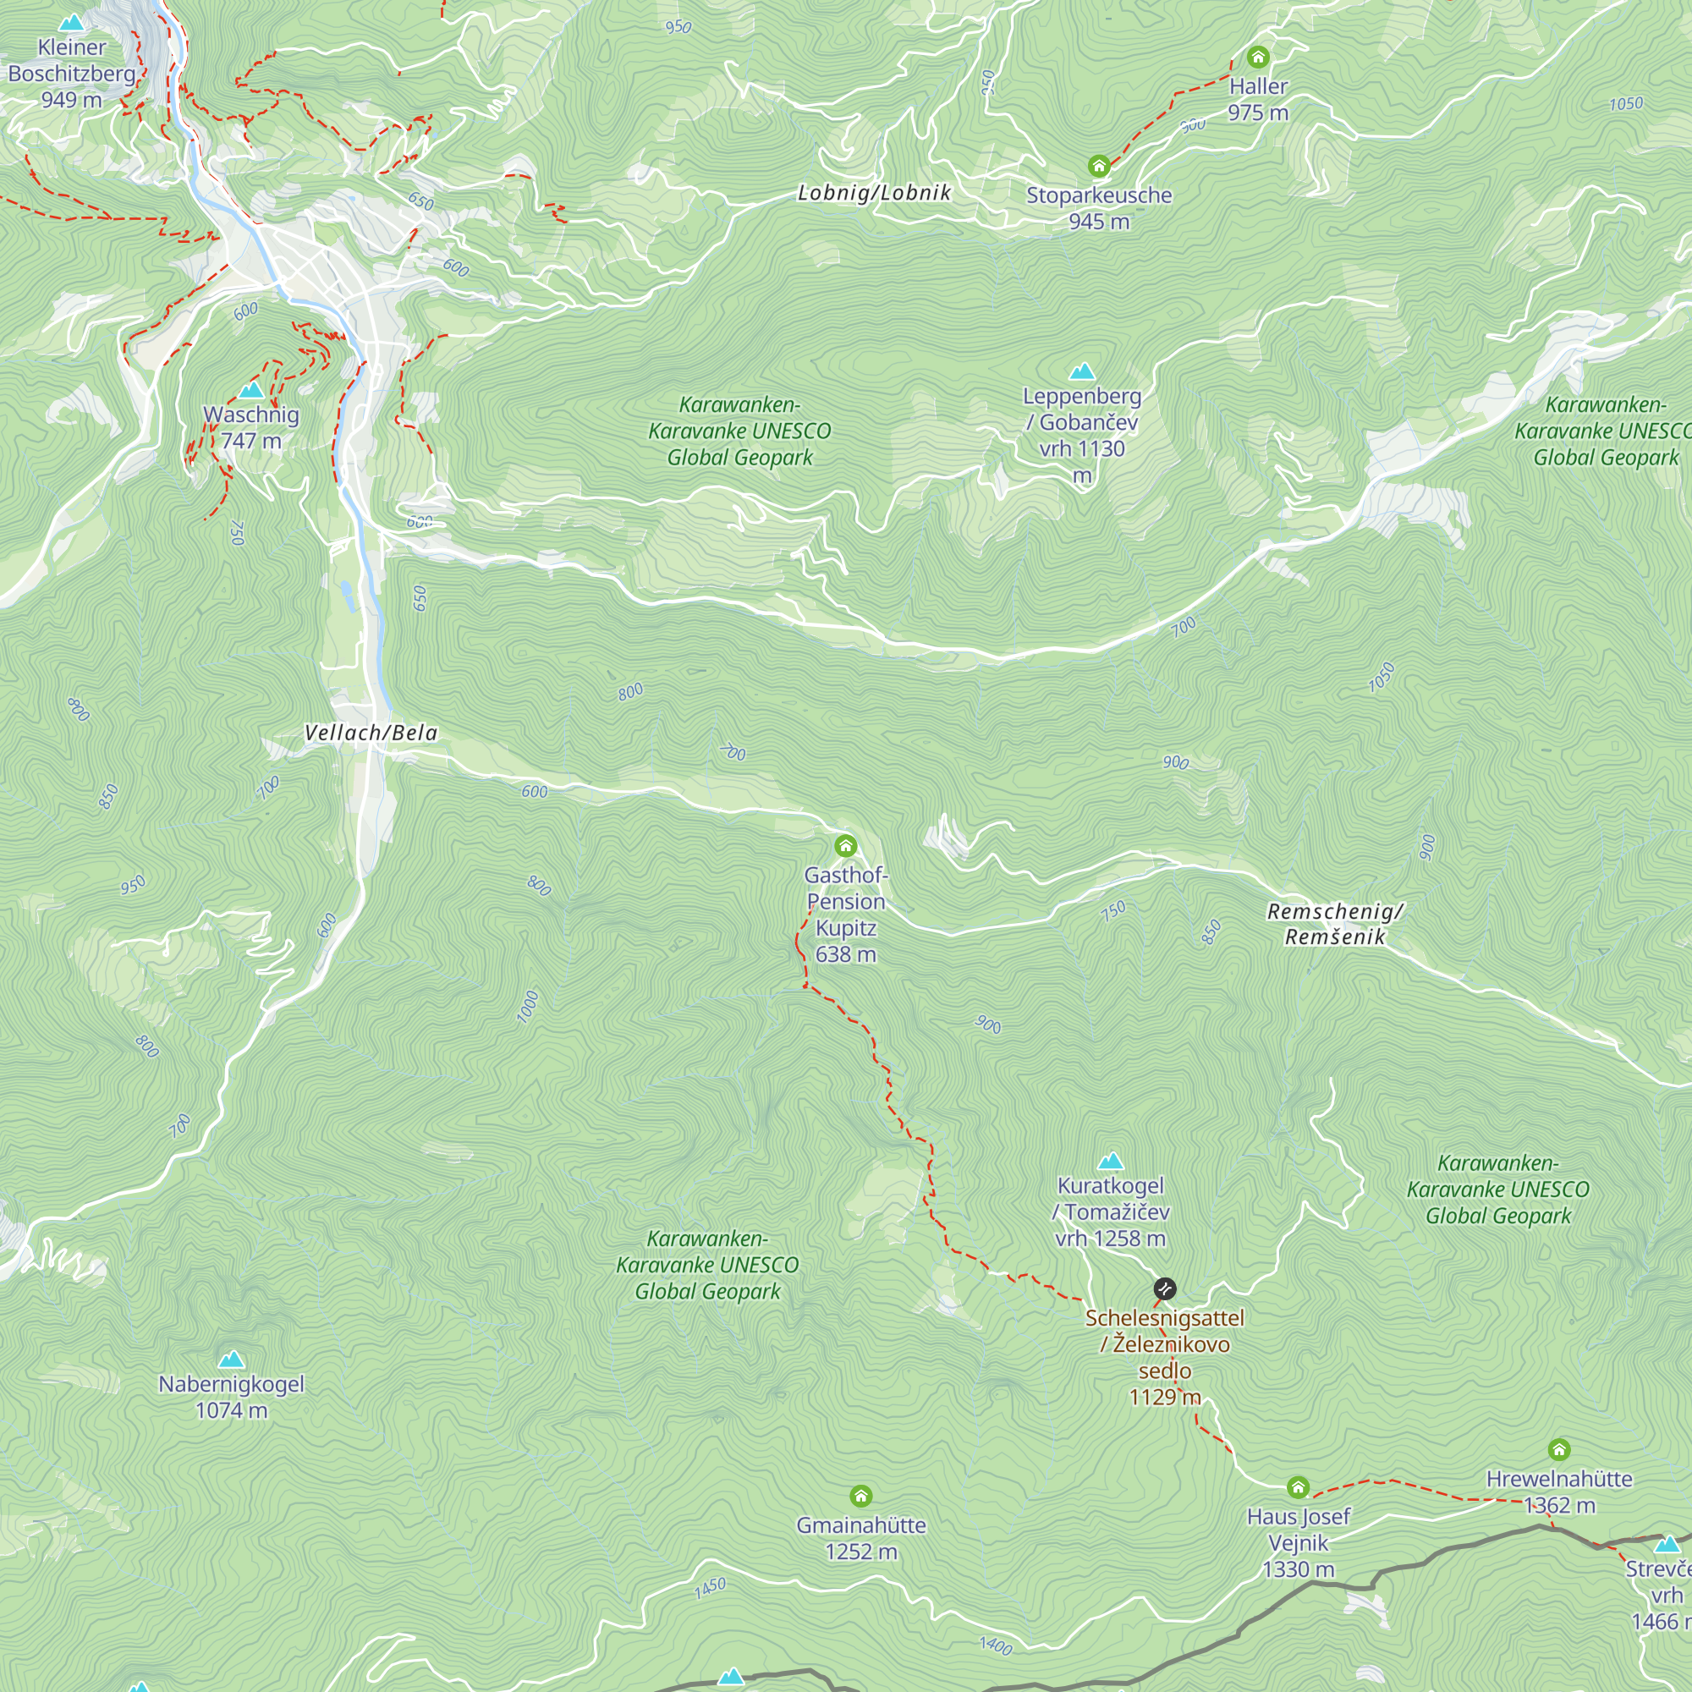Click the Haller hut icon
[1258, 58]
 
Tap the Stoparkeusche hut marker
[1098, 166]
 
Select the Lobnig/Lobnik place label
[873, 193]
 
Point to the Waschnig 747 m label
[251, 427]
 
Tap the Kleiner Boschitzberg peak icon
[72, 23]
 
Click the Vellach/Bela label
[371, 733]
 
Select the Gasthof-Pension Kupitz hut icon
[845, 846]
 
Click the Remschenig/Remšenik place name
[1335, 924]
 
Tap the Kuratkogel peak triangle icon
[1111, 1162]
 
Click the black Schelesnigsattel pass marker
[1164, 1288]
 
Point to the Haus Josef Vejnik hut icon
[1298, 1487]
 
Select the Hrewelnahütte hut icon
[1559, 1449]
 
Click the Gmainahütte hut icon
[861, 1496]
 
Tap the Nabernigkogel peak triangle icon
[231, 1360]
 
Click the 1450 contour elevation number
[711, 1588]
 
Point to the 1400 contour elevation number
[996, 1645]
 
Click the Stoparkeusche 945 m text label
[1098, 208]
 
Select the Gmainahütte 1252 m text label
[861, 1539]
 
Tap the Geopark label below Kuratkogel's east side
[1497, 1189]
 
